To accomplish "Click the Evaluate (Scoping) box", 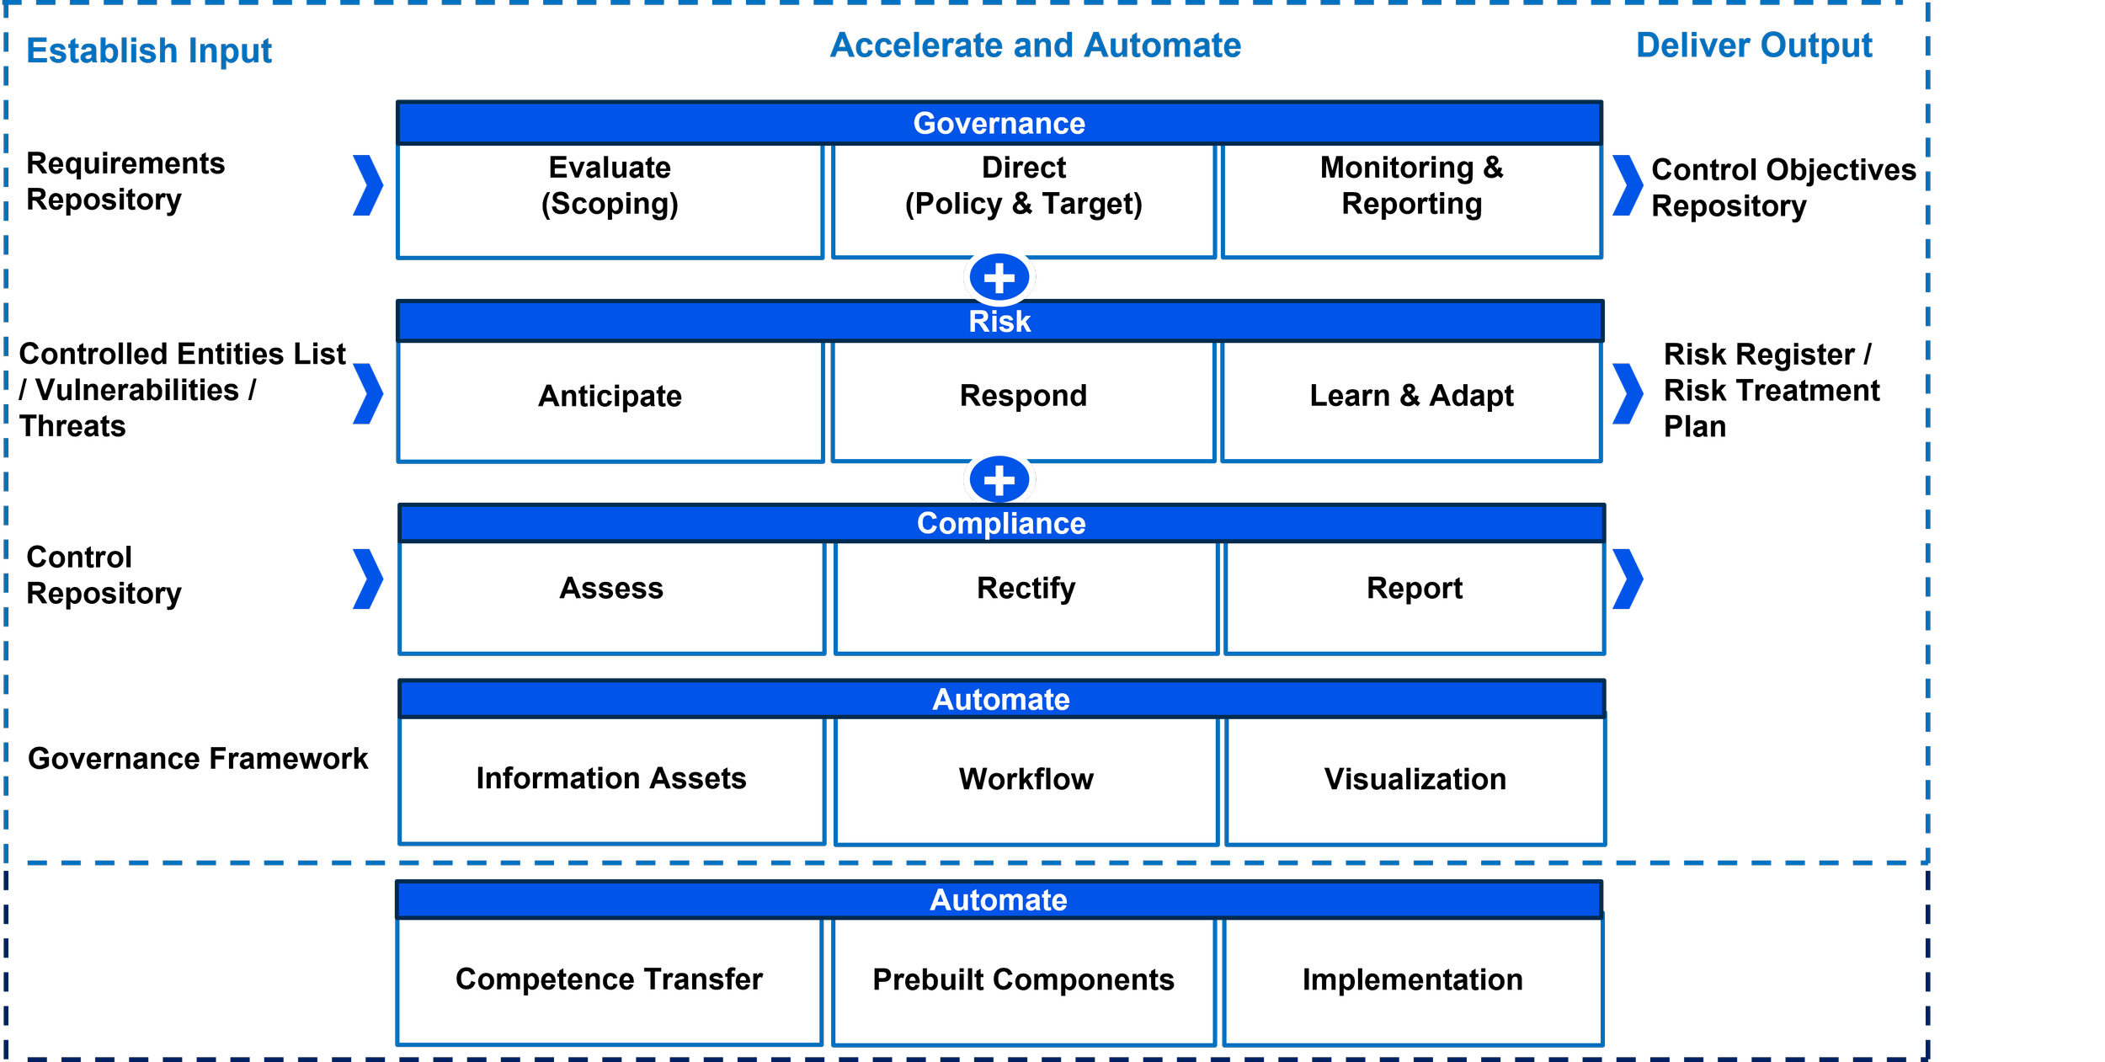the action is (x=610, y=200).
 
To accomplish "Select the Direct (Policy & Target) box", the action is (x=1023, y=200).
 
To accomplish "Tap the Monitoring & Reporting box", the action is (x=1411, y=200).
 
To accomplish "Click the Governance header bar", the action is (x=999, y=124).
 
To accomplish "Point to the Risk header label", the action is (x=999, y=322).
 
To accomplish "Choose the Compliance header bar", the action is (x=1001, y=524).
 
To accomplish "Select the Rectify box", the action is (x=1026, y=596).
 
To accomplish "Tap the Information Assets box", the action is (x=611, y=780).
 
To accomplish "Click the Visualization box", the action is (x=1415, y=780).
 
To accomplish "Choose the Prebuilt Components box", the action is (x=1023, y=980).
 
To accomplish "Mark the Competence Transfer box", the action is (x=609, y=980).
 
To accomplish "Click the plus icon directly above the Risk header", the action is (x=999, y=278).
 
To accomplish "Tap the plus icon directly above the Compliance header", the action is (x=999, y=480).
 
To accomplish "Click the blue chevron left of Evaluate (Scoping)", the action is (x=368, y=185).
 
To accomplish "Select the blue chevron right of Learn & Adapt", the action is (x=1628, y=394).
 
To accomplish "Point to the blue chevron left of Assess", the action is (x=368, y=579).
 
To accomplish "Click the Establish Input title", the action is (x=150, y=51).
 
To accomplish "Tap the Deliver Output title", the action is (x=1754, y=45).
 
